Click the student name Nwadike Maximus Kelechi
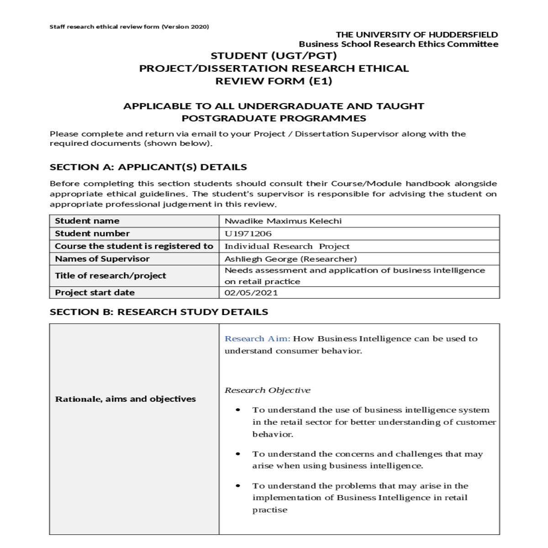click(283, 221)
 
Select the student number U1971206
click(248, 233)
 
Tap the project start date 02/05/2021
click(251, 293)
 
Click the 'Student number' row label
click(92, 233)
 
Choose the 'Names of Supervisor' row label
click(102, 259)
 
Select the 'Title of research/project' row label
click(111, 276)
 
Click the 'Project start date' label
click(95, 293)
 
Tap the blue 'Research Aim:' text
click(257, 339)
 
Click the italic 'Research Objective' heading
click(268, 390)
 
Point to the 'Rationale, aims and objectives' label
click(126, 399)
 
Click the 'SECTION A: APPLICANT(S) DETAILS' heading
click(148, 167)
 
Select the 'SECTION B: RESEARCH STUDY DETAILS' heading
click(159, 312)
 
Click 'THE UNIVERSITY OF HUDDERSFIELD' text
click(417, 35)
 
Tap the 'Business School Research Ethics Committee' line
click(399, 44)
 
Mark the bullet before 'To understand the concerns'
click(238, 454)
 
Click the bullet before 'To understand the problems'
click(238, 486)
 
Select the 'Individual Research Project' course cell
click(287, 247)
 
